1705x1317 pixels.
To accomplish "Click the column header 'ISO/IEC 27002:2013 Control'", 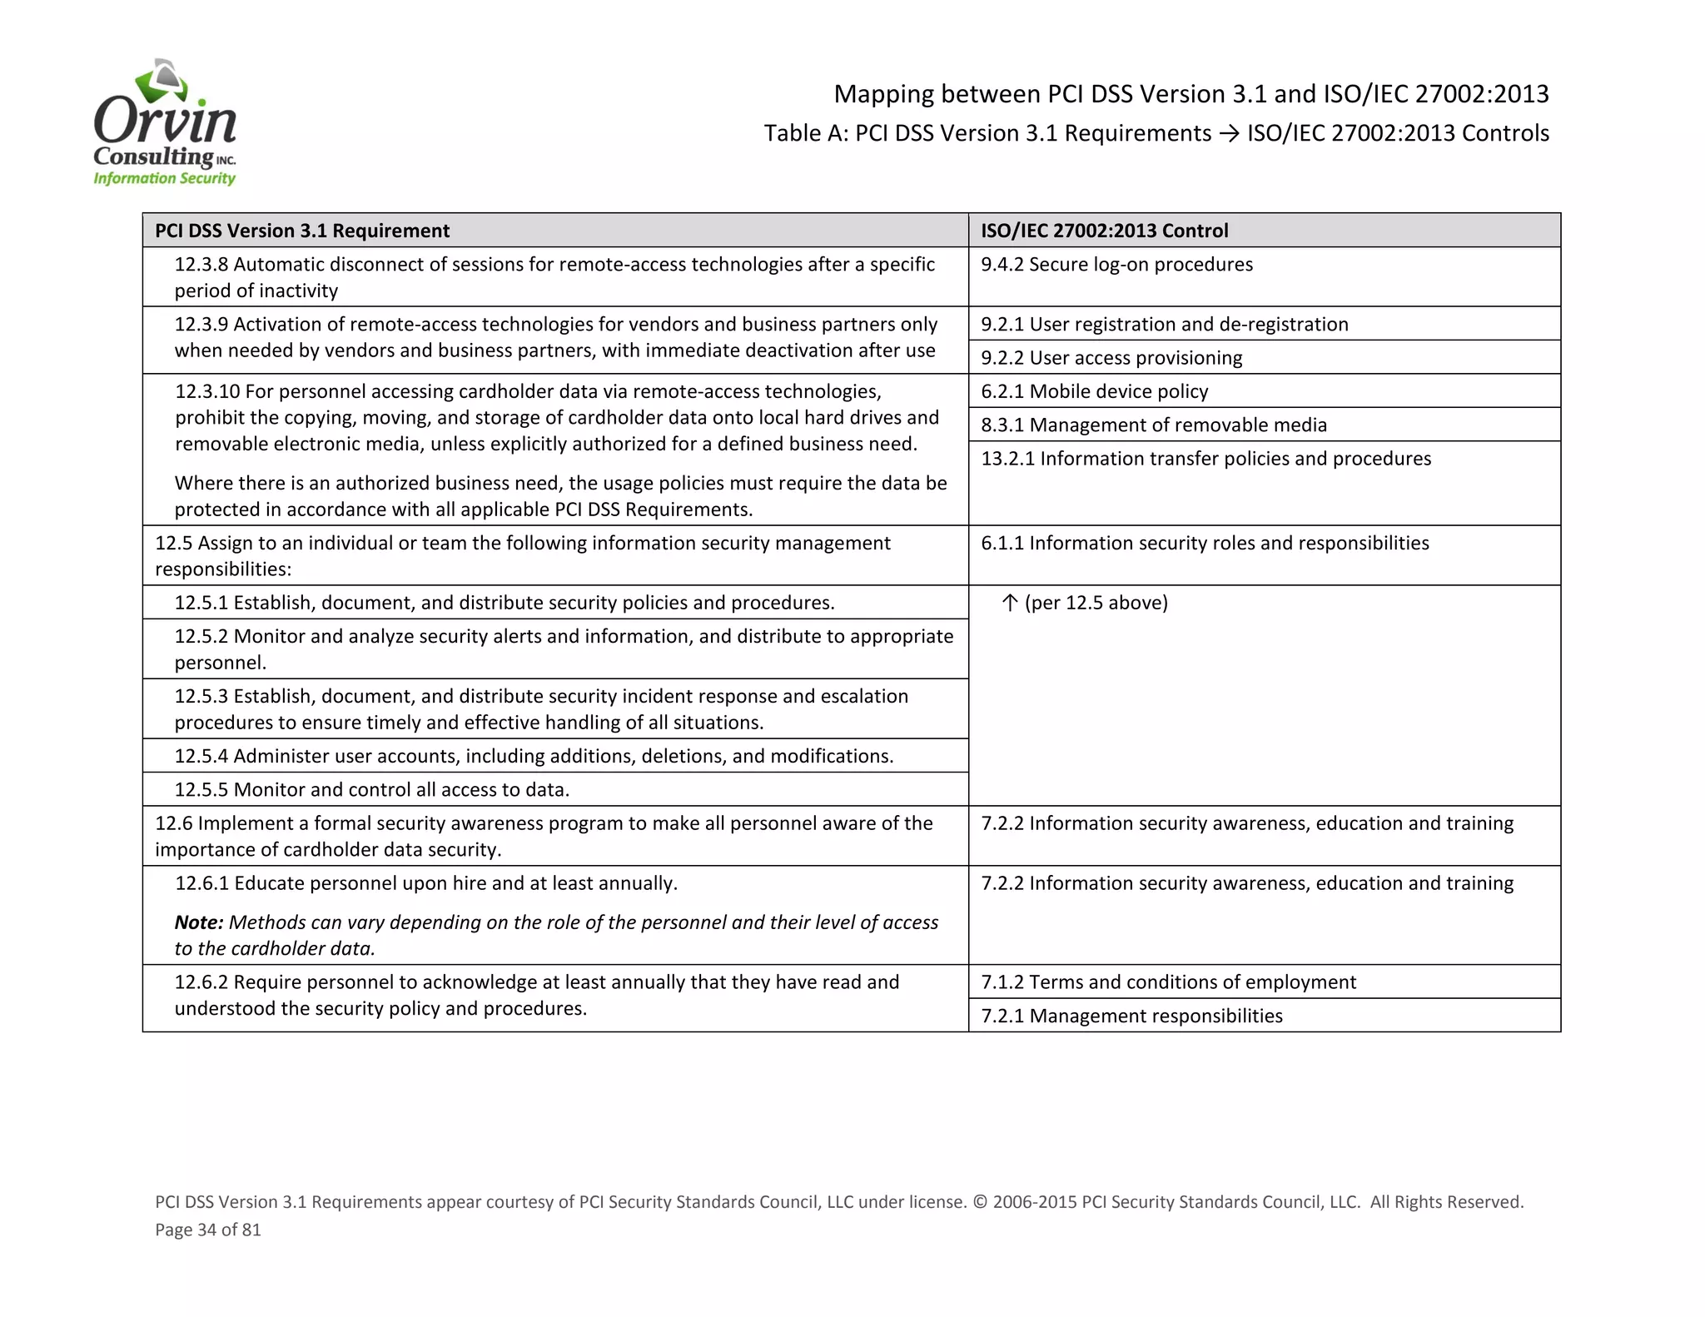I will [1104, 231].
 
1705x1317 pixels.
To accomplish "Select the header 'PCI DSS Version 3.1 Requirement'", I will [302, 231].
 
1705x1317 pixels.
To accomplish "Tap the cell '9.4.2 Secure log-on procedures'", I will [1116, 265].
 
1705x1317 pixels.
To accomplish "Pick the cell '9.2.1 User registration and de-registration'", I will [1164, 324].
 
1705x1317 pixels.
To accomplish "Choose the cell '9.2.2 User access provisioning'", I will [1111, 358].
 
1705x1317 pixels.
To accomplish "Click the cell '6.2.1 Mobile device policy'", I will [1094, 391].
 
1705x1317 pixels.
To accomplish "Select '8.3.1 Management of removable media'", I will [1153, 425].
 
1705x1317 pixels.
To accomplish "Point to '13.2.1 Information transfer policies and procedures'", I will [1205, 459].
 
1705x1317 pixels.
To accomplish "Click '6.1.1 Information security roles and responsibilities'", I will [1204, 544].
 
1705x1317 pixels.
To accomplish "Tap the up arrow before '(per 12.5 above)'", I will [1010, 603].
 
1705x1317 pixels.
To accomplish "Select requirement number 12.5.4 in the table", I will [201, 756].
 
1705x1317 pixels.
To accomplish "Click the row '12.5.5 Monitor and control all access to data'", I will [371, 789].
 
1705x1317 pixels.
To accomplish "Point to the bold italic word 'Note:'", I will [199, 922].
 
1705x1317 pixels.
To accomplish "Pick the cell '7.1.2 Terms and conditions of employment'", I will [1168, 982].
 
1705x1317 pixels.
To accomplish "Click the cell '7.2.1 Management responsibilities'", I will [1131, 1016].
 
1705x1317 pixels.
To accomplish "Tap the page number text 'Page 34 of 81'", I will [208, 1230].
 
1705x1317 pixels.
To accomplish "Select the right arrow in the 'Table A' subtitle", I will [1229, 134].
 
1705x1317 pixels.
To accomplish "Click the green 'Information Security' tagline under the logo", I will [164, 178].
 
